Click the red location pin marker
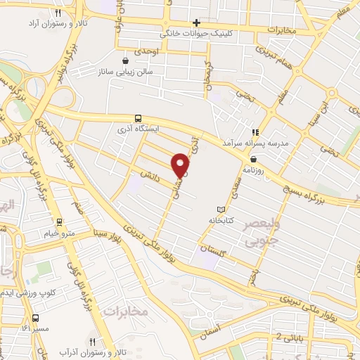181,165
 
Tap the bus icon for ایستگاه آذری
138,119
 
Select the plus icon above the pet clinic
197,22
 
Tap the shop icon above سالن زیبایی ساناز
125,61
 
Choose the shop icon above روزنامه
253,160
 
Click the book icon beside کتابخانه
221,210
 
